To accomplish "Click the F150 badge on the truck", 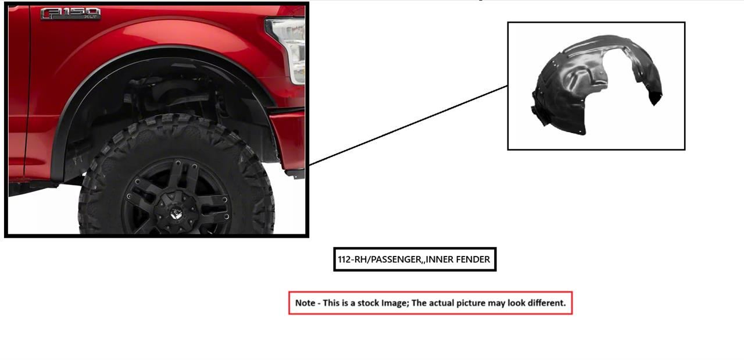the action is pos(70,13).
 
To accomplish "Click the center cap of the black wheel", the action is pos(175,212).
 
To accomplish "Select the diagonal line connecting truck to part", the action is pos(408,125).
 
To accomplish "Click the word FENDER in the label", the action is pos(473,259).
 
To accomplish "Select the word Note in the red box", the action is pos(305,303).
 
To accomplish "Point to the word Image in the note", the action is pos(395,304).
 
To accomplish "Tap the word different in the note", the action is pos(545,303).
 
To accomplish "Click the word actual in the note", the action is pos(441,303).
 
